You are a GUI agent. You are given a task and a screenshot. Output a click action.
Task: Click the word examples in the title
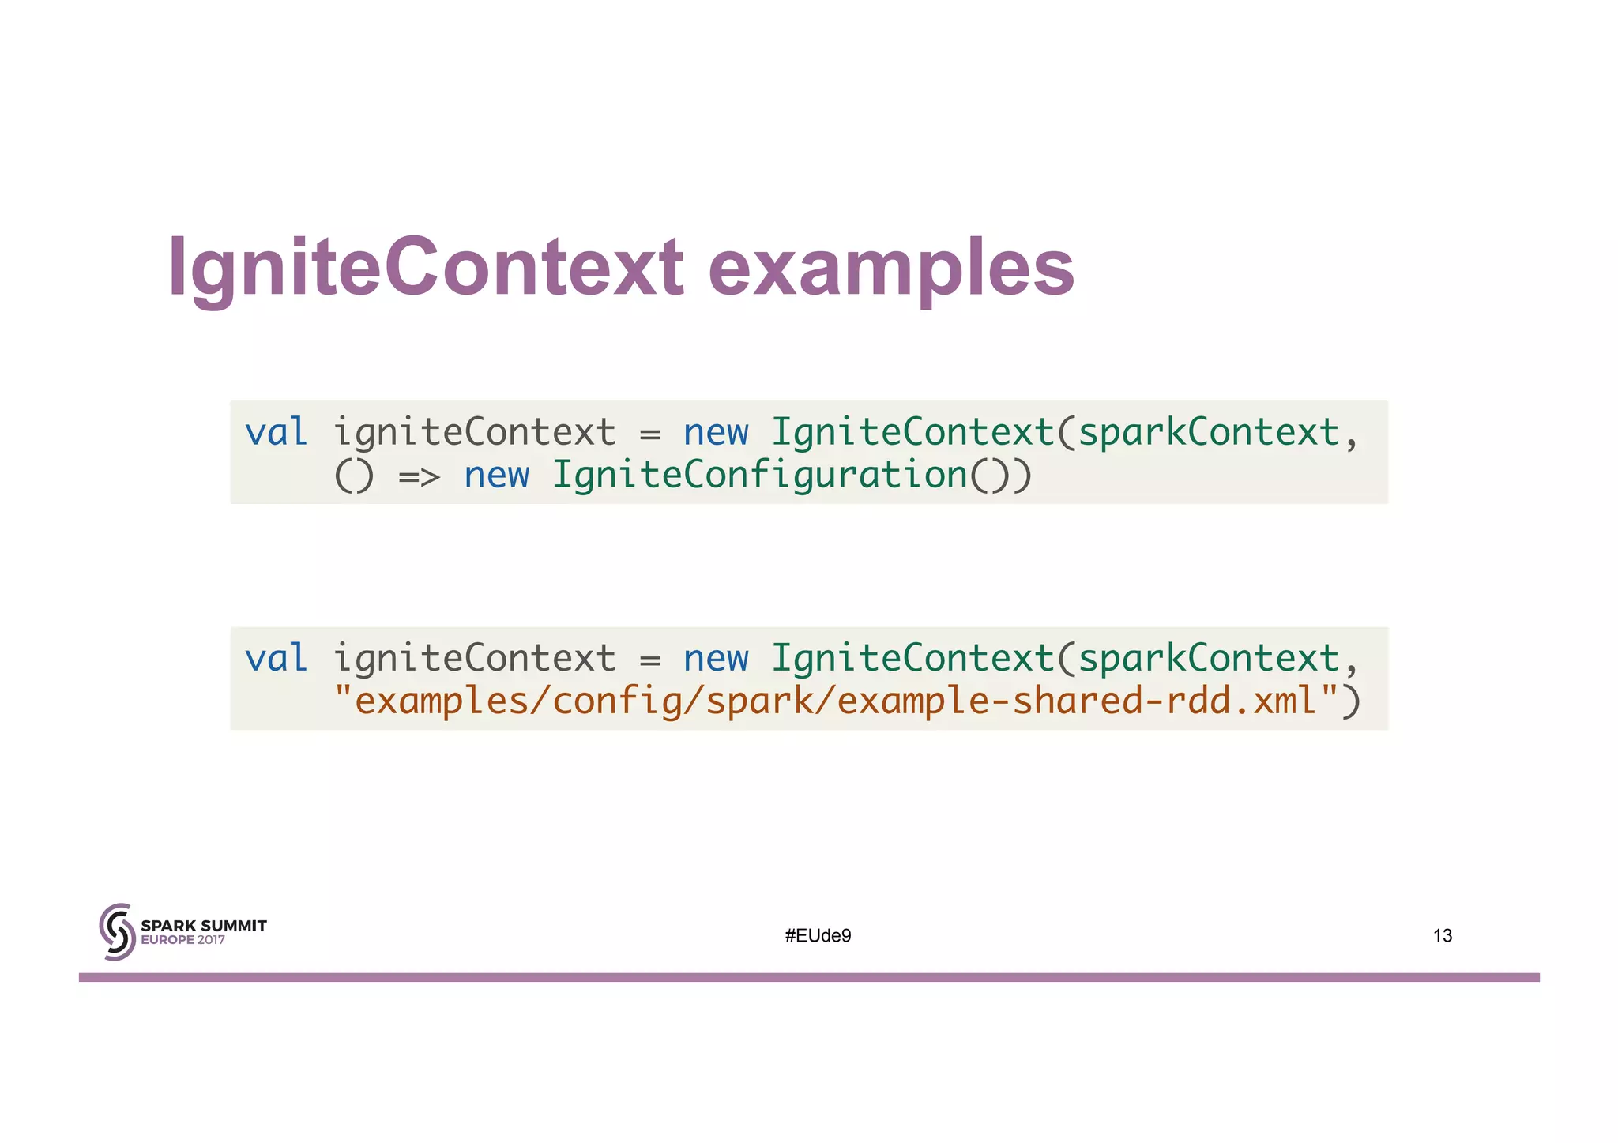tap(890, 269)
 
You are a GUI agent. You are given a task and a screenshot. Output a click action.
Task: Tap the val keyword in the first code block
tap(276, 432)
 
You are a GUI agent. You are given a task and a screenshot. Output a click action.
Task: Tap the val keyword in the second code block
tap(276, 658)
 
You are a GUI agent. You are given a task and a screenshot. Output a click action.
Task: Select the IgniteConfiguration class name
tap(758, 475)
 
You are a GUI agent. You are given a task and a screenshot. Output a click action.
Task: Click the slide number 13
tap(1442, 936)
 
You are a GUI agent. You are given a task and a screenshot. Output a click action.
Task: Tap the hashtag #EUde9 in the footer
tap(818, 936)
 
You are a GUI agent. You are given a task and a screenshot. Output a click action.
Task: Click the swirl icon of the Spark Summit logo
tap(117, 932)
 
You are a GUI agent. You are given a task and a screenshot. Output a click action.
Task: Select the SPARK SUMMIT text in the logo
tap(203, 926)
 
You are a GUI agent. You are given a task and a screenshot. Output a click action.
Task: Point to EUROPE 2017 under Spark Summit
tap(182, 941)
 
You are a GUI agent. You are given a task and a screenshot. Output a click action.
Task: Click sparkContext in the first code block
tap(1209, 432)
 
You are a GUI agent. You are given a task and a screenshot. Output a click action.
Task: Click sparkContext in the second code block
tap(1209, 658)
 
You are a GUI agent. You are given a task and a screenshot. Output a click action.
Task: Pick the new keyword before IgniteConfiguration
tap(496, 475)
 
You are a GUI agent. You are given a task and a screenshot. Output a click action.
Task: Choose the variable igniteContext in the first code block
tap(473, 432)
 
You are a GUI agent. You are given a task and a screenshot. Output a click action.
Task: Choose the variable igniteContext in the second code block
tap(473, 658)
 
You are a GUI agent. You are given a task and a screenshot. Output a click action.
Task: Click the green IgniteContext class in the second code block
tap(912, 658)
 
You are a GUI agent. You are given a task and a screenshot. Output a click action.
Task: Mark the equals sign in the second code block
tap(649, 660)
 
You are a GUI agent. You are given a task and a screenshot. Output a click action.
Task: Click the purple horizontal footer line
tap(809, 977)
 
